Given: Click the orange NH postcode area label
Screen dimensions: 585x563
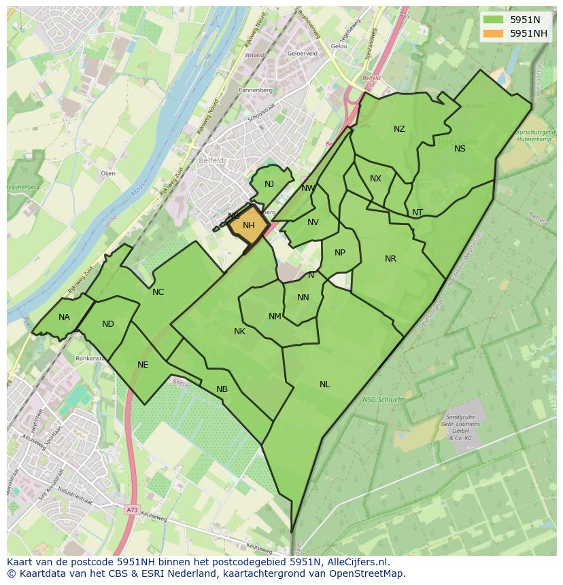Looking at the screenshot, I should point(248,226).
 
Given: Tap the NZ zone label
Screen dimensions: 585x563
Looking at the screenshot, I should point(399,129).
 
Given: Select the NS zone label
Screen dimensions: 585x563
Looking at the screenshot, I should point(460,148).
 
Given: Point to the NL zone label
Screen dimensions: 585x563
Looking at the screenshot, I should point(324,385).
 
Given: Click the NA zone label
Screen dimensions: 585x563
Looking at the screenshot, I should point(64,317).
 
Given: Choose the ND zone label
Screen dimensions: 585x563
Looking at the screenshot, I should point(108,324).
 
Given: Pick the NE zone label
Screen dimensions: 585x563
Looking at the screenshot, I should point(143,365).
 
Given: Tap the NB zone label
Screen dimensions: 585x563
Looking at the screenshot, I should point(222,389).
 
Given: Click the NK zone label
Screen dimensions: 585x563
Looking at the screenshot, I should point(239,332).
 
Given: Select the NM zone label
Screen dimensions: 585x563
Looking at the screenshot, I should point(275,317).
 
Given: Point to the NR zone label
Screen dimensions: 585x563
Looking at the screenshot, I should point(390,259).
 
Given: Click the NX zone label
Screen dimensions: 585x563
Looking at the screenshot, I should point(375,179).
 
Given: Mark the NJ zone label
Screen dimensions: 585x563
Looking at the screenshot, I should point(269,184).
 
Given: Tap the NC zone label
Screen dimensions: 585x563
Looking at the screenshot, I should point(158,292).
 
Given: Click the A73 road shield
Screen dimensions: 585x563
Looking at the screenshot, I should point(132,508).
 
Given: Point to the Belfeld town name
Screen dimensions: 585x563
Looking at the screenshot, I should point(211,161).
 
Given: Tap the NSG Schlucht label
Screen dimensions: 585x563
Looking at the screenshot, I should point(383,400).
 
